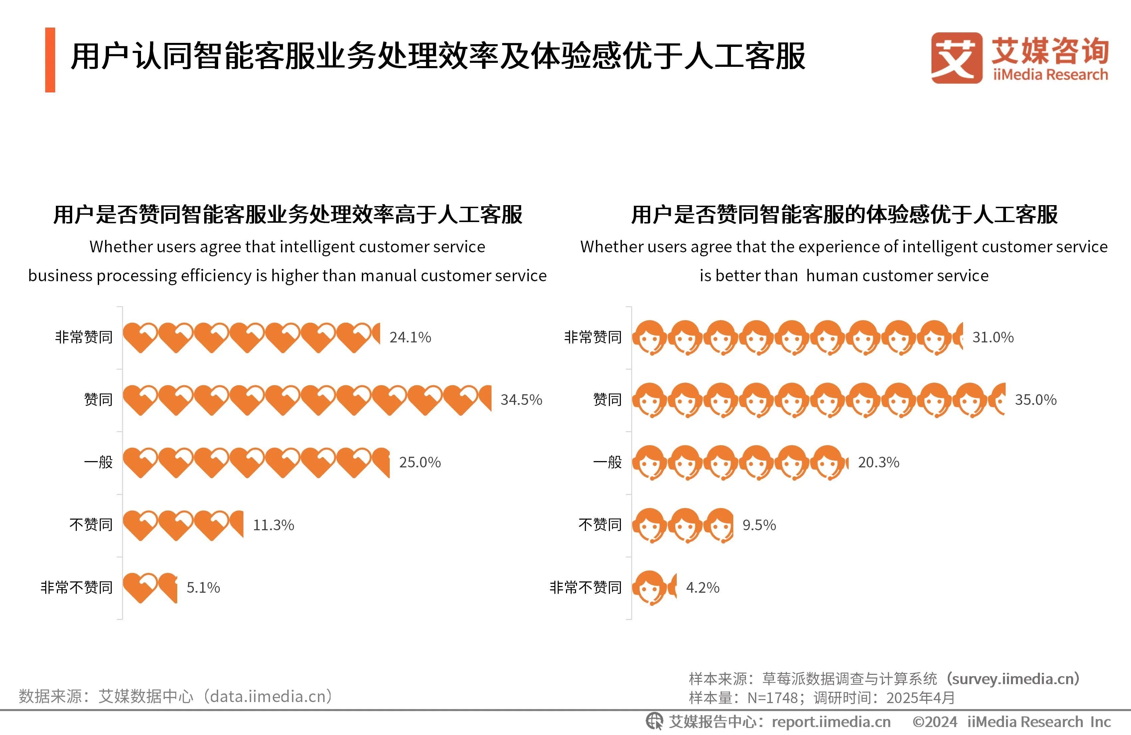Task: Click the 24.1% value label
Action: coord(410,337)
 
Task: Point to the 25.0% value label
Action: coord(420,462)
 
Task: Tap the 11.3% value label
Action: coord(273,525)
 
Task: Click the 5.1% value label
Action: coord(203,588)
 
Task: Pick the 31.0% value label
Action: coord(993,337)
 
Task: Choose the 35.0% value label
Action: coord(1036,400)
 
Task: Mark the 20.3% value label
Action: coord(878,462)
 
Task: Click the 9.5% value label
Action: coord(759,525)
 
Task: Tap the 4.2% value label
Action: coord(702,588)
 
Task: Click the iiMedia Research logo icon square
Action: coord(956,58)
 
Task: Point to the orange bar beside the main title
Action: coord(50,60)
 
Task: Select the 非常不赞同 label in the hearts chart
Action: coord(76,588)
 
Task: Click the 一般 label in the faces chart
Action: coord(607,462)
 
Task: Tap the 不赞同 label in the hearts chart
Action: coord(91,525)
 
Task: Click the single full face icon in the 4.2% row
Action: coord(649,588)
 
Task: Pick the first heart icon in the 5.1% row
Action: coord(140,588)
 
